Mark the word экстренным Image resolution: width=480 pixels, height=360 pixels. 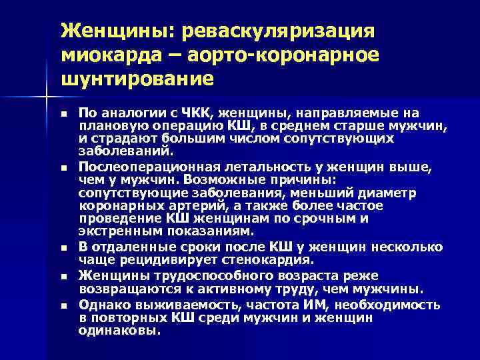(x=117, y=231)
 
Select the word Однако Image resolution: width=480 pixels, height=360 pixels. (x=101, y=305)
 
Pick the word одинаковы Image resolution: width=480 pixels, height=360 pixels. (x=119, y=330)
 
